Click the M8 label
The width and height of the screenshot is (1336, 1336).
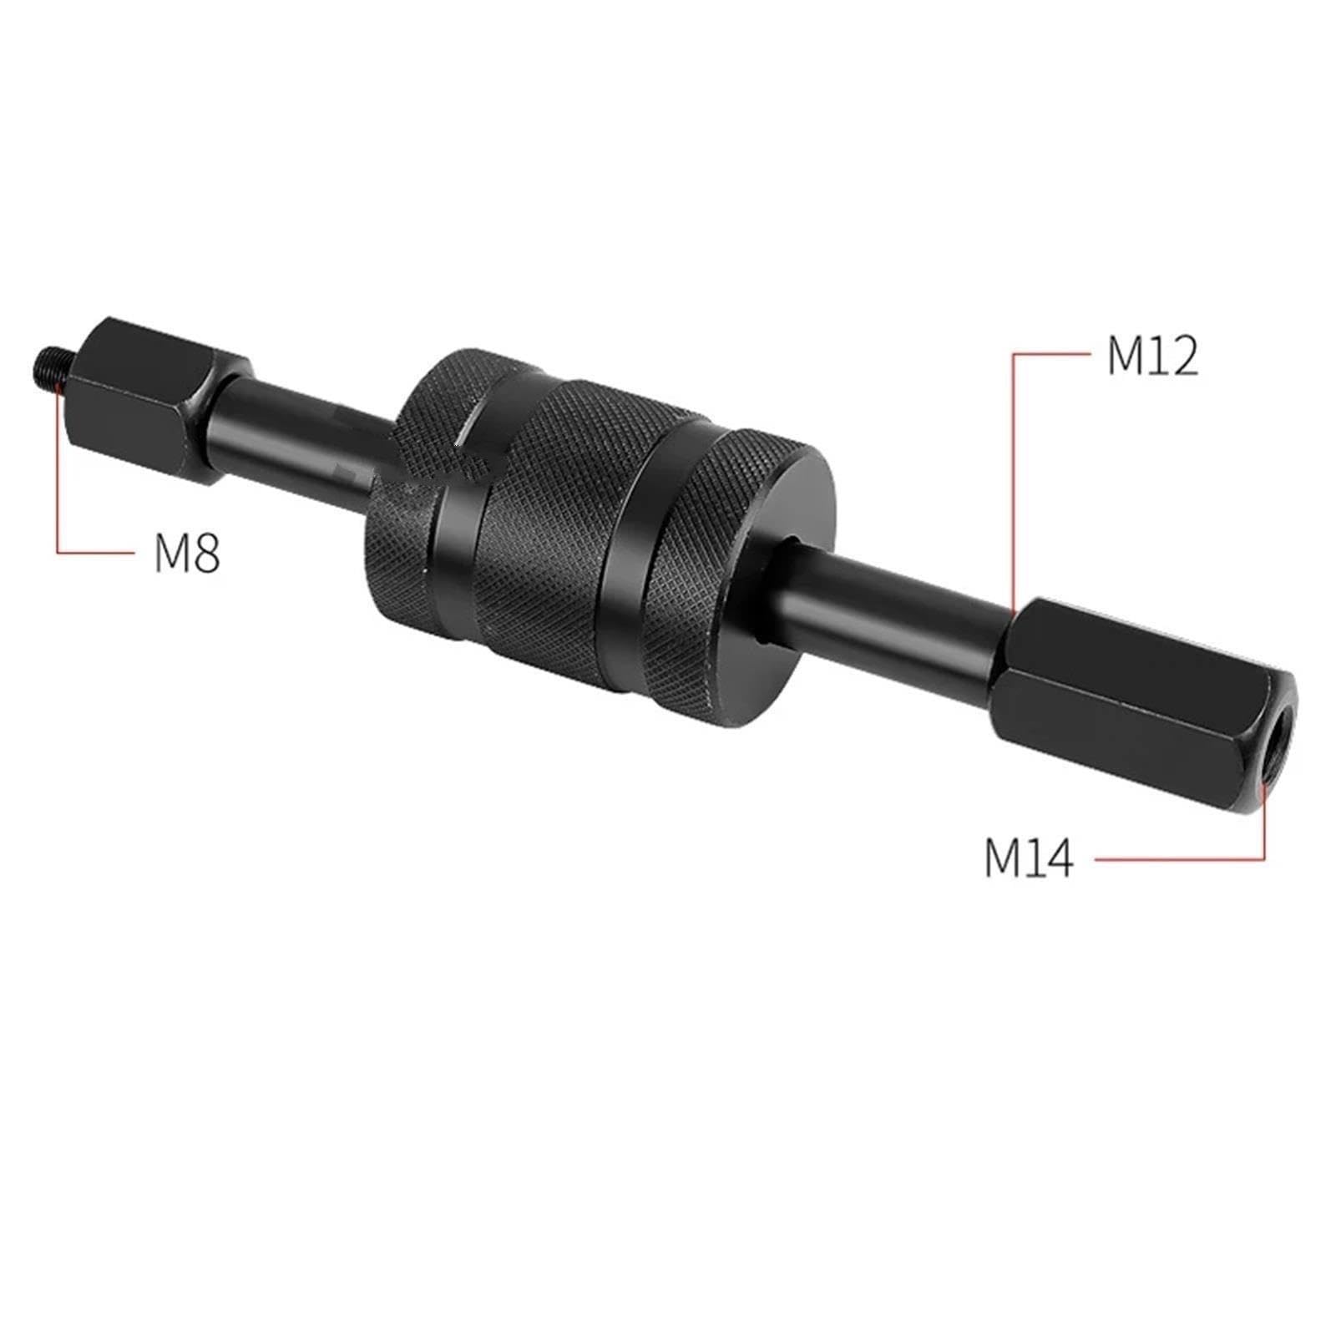187,552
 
